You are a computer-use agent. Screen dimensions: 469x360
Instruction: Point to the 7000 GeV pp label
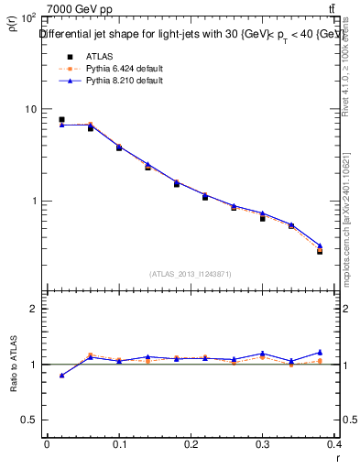tap(80, 9)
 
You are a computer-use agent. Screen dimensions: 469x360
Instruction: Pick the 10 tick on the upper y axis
tap(29, 109)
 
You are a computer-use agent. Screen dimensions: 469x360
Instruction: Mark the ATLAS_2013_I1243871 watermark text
tap(191, 274)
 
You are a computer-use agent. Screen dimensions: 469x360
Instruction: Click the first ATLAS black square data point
tap(61, 119)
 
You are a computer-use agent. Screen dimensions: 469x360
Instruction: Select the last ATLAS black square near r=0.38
tap(320, 250)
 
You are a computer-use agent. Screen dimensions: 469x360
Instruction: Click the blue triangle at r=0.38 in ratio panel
tap(320, 352)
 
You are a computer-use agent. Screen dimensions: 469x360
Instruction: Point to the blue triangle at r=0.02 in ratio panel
tap(61, 375)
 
